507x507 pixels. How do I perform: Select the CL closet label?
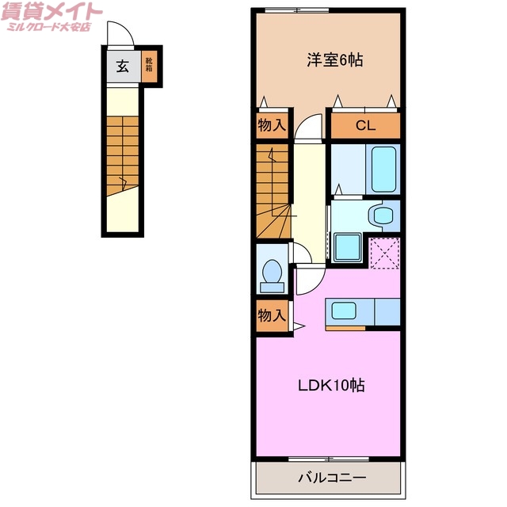tap(364, 126)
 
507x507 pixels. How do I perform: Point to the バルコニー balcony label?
tap(332, 478)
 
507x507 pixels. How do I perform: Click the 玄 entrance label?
tap(123, 67)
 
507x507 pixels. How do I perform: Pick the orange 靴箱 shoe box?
tap(149, 67)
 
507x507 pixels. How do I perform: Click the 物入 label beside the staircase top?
tap(271, 126)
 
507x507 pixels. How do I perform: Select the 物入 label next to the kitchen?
tap(271, 315)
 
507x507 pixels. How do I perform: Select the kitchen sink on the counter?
tap(344, 310)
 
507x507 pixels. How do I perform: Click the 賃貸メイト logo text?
tap(53, 12)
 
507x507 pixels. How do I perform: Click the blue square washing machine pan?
tap(348, 246)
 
